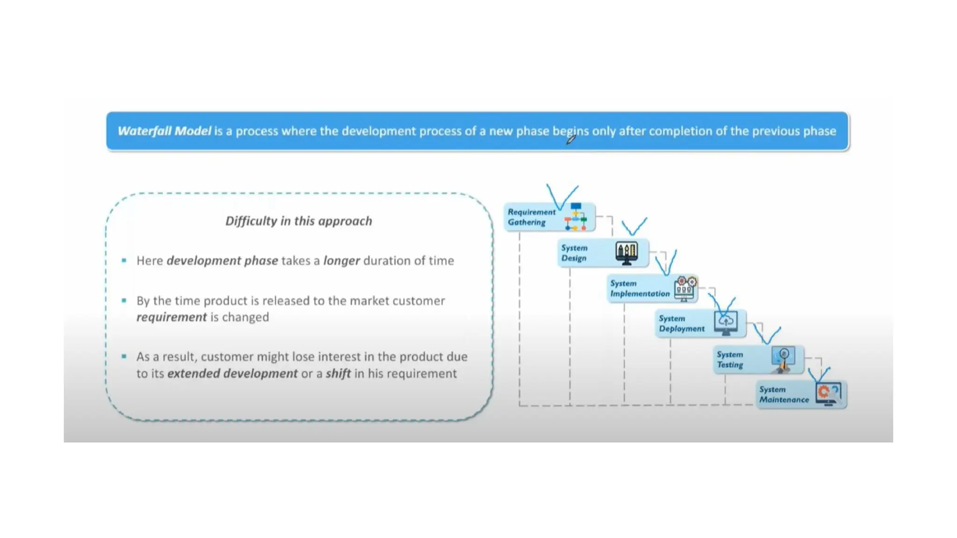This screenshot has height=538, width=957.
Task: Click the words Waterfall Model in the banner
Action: [164, 131]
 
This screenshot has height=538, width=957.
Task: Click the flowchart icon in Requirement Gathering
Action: [576, 217]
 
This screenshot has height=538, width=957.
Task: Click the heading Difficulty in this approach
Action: [299, 221]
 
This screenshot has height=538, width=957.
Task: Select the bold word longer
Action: [341, 261]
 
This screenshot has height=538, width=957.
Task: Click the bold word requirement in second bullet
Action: [171, 317]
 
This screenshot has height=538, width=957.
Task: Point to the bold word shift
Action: [338, 374]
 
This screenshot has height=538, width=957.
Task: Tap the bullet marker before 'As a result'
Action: [124, 356]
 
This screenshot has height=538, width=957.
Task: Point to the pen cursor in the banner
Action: [571, 139]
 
